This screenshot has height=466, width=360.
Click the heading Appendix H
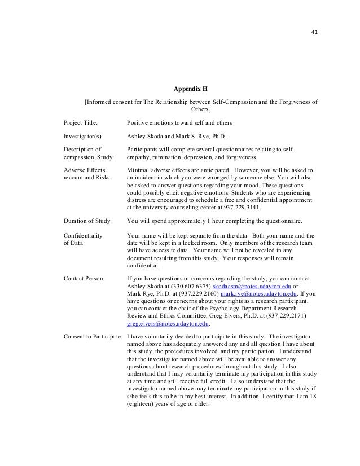pyautogui.click(x=190, y=89)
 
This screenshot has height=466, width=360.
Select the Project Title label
pyautogui.click(x=80, y=122)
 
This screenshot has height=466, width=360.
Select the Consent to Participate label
pyautogui.click(x=93, y=337)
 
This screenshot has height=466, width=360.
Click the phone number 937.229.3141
pyautogui.click(x=240, y=207)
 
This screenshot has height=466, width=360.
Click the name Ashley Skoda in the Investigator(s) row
pyautogui.click(x=146, y=136)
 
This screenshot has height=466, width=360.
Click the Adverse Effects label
pyautogui.click(x=84, y=169)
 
